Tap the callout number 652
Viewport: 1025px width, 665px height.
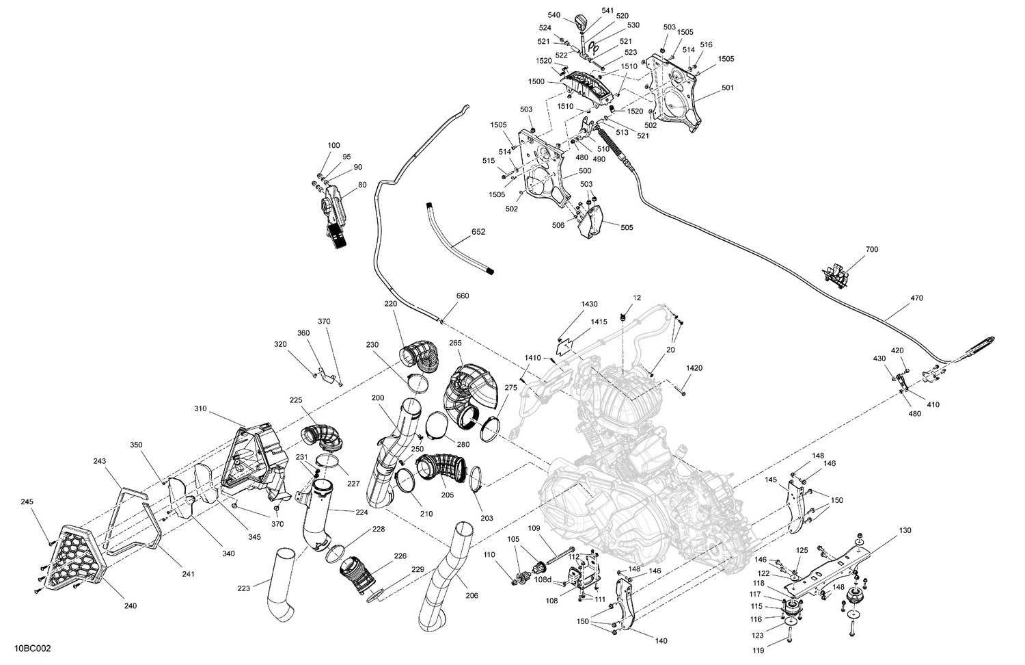click(x=478, y=232)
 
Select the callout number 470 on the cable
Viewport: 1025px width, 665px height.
click(x=916, y=298)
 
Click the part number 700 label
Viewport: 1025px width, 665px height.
click(x=872, y=249)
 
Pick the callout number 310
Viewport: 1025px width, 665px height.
click(x=200, y=408)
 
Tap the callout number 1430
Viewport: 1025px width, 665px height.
click(x=589, y=303)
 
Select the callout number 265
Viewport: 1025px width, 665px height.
click(x=456, y=342)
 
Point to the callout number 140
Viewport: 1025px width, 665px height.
click(x=661, y=641)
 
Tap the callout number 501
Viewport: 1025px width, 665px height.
click(x=728, y=88)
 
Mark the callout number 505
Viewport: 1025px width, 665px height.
click(x=627, y=228)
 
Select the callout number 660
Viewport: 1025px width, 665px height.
click(x=463, y=296)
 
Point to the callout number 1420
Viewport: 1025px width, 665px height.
click(x=694, y=367)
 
